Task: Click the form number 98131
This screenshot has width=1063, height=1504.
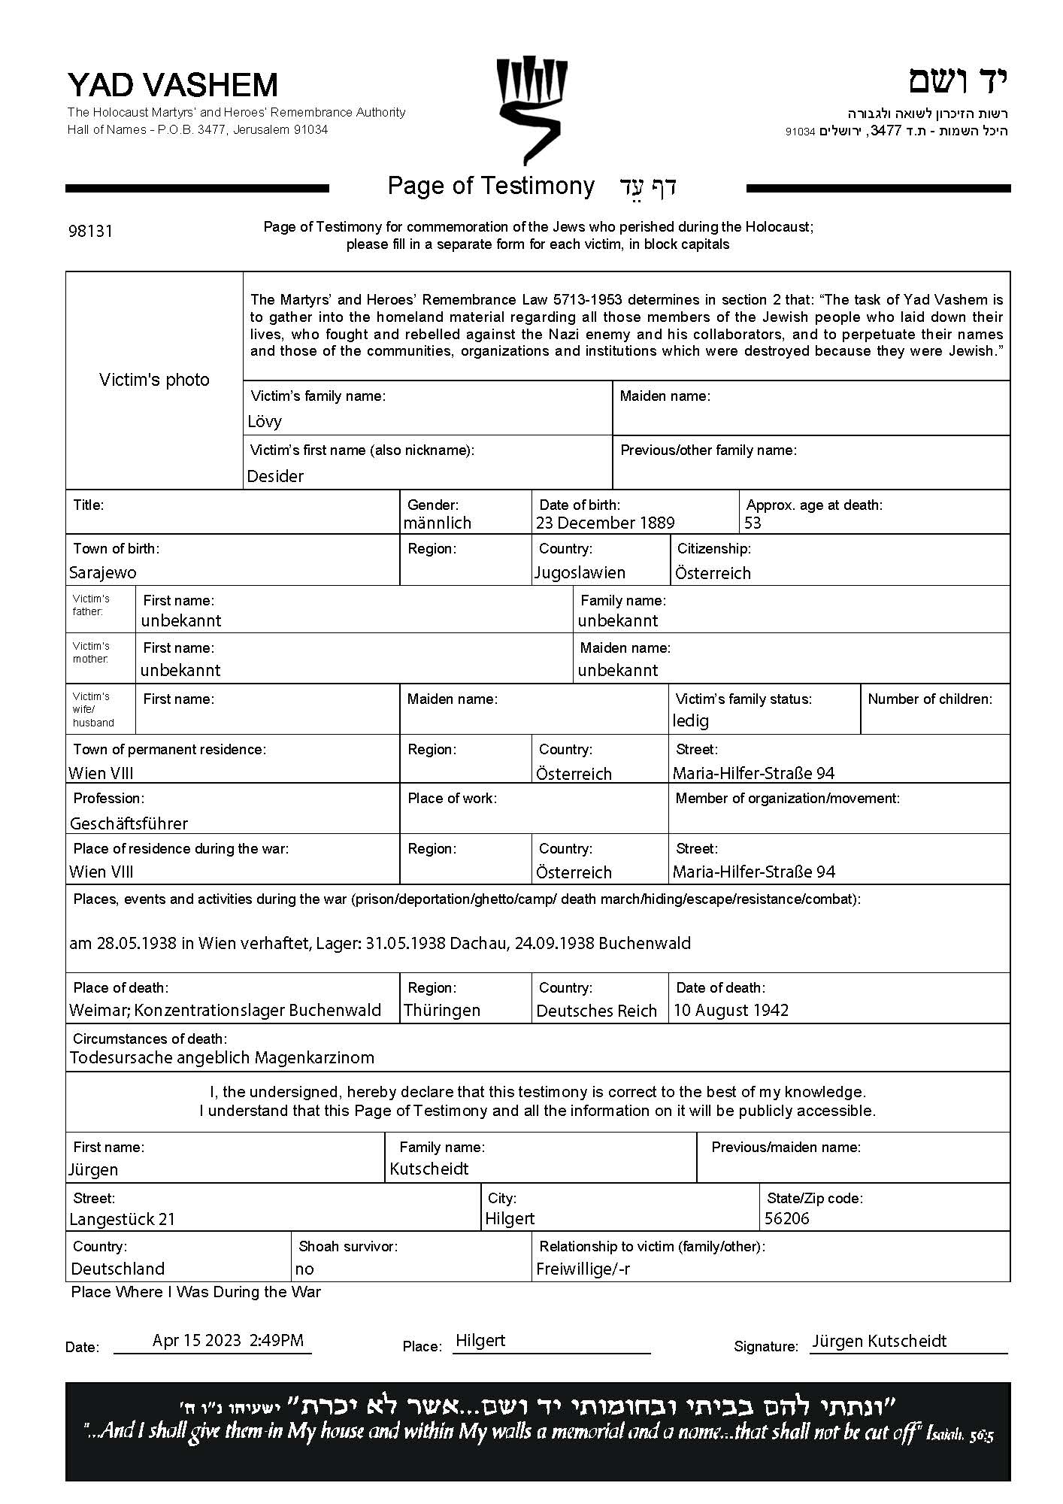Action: click(x=90, y=231)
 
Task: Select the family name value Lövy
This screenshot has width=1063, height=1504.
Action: click(x=265, y=421)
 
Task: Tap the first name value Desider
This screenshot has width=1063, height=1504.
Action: click(x=275, y=476)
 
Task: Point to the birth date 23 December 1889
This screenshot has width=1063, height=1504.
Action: click(x=605, y=523)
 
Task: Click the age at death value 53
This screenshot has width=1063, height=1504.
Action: click(x=753, y=523)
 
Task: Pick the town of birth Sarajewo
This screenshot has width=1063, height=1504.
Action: click(x=103, y=572)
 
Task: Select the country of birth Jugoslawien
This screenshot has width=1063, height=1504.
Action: click(x=580, y=572)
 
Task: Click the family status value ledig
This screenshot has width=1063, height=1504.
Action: click(x=690, y=720)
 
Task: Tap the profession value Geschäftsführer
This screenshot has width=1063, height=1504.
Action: click(x=129, y=823)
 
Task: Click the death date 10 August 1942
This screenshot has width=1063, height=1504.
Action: click(x=731, y=1010)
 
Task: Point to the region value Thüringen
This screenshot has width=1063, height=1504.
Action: click(x=442, y=1010)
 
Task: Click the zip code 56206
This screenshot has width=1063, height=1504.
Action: click(x=786, y=1218)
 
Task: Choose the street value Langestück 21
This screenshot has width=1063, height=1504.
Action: click(x=122, y=1219)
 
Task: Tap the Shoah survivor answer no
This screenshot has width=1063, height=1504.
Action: click(x=304, y=1269)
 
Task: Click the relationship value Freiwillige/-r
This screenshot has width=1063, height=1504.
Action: click(x=583, y=1269)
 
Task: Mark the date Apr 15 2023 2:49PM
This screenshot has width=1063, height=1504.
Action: click(x=228, y=1340)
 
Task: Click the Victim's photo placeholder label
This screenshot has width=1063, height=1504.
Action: click(x=154, y=380)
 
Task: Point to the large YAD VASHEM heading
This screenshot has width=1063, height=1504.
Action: click(x=172, y=85)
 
